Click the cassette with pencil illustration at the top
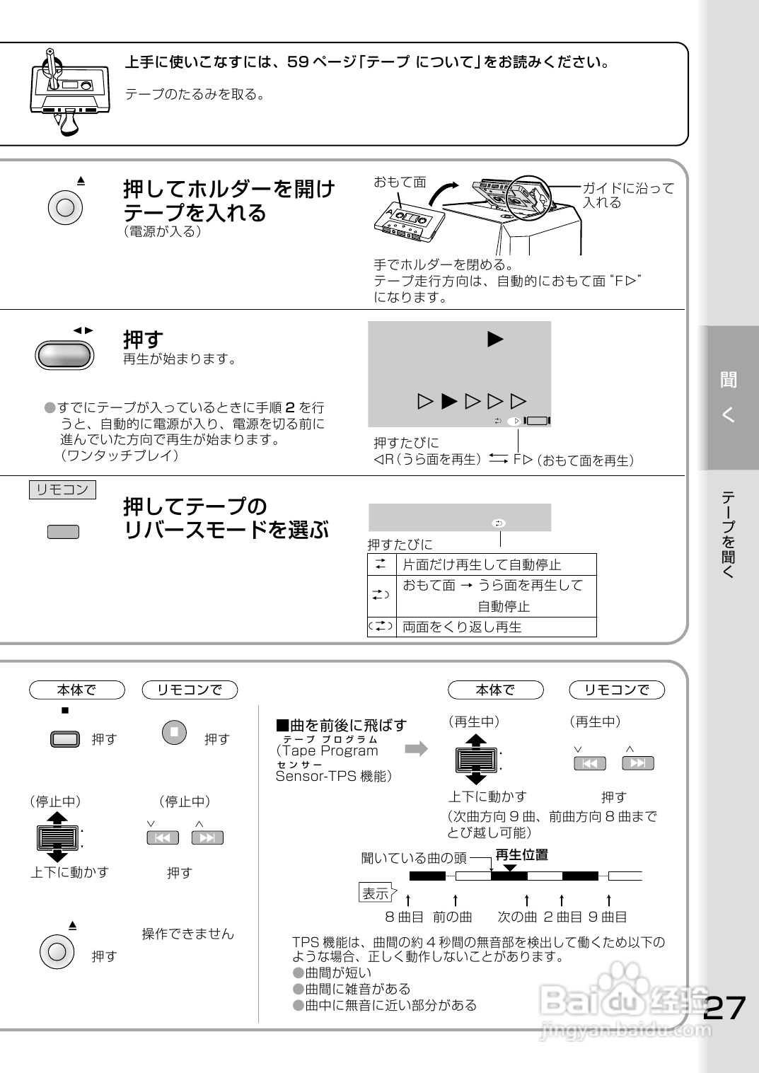click(68, 91)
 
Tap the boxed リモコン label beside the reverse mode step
click(62, 489)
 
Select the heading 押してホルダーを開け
click(229, 190)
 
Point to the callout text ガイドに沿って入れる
click(628, 195)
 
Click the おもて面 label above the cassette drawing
click(400, 182)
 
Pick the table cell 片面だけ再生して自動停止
click(482, 564)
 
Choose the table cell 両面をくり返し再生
click(462, 627)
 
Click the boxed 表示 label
click(376, 893)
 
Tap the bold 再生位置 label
click(521, 855)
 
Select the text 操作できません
click(187, 934)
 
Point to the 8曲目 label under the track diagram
click(404, 917)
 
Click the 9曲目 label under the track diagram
click(608, 917)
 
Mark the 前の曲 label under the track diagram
click(453, 917)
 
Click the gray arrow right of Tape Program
click(417, 748)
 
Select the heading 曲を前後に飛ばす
click(341, 725)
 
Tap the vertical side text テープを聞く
click(729, 534)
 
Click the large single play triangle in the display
click(495, 340)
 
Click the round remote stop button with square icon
click(174, 731)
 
